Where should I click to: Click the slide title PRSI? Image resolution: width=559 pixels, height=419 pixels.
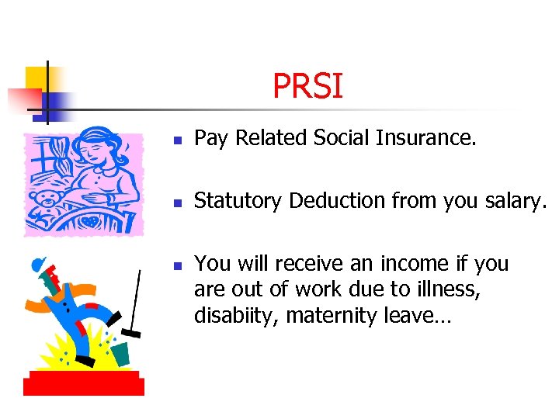[x=307, y=86]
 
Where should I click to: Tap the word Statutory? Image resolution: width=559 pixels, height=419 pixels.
[x=238, y=201]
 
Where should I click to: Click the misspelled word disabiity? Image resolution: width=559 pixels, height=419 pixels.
[x=234, y=317]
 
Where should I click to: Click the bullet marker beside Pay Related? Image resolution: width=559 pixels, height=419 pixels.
[x=176, y=140]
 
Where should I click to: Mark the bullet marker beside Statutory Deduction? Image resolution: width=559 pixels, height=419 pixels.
[x=176, y=203]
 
